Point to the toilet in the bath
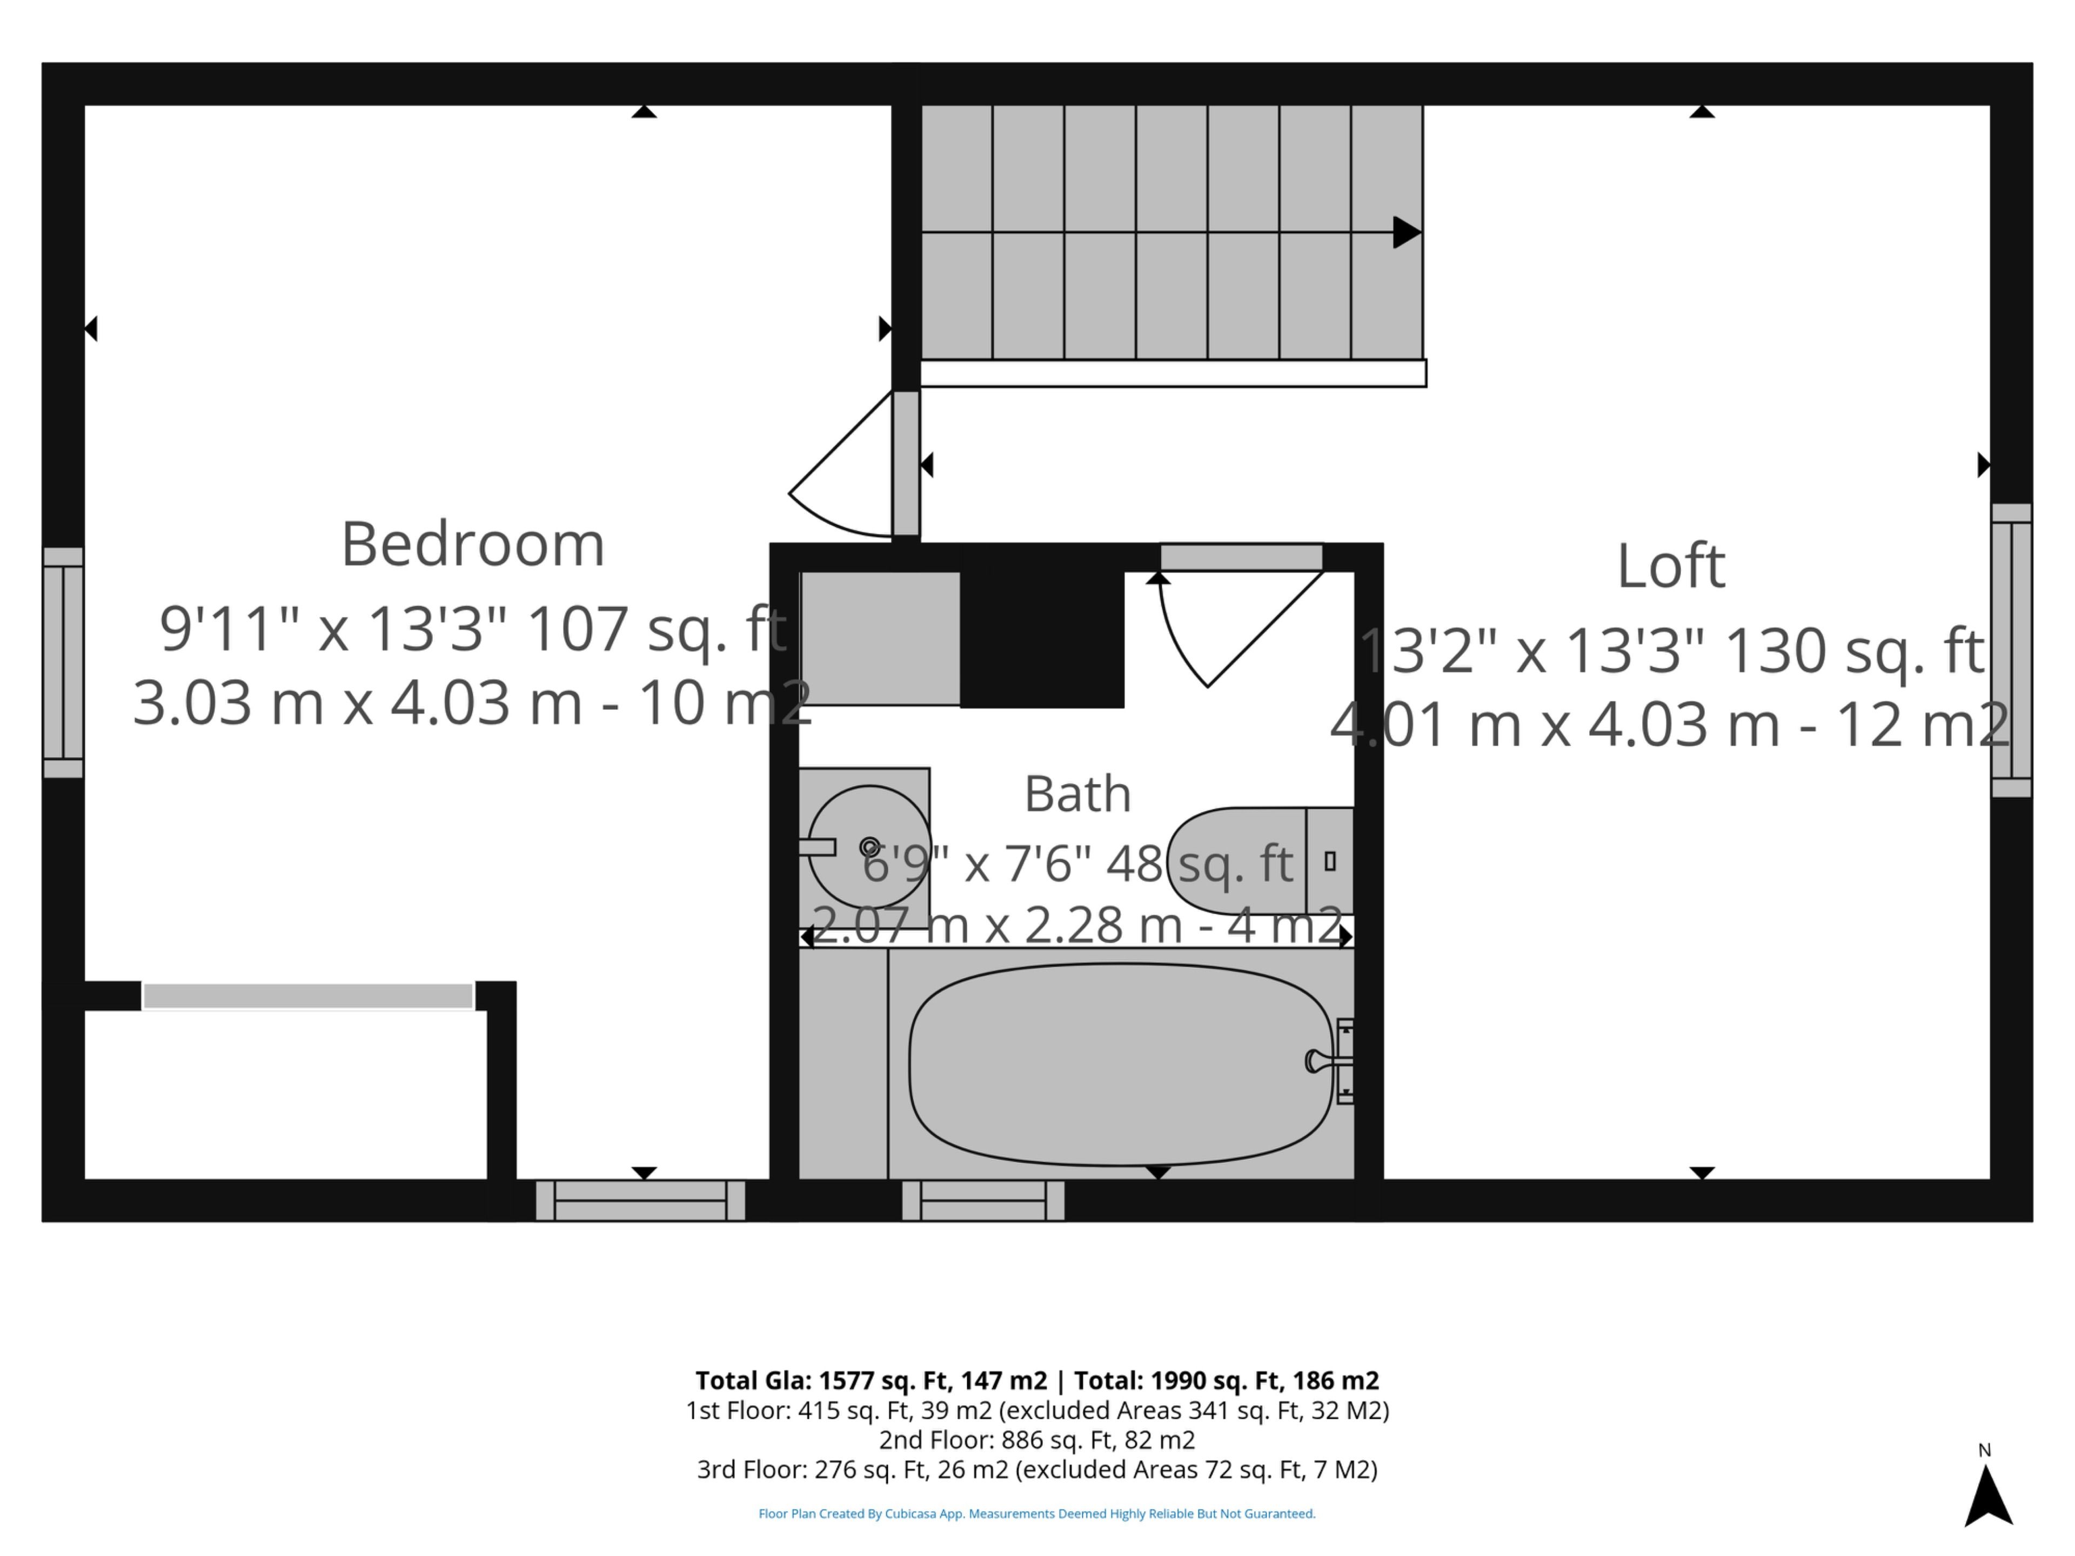[1260, 861]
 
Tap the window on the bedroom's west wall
[63, 662]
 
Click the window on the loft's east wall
[2011, 650]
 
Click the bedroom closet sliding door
[307, 996]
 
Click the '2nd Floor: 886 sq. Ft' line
[1036, 1440]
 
